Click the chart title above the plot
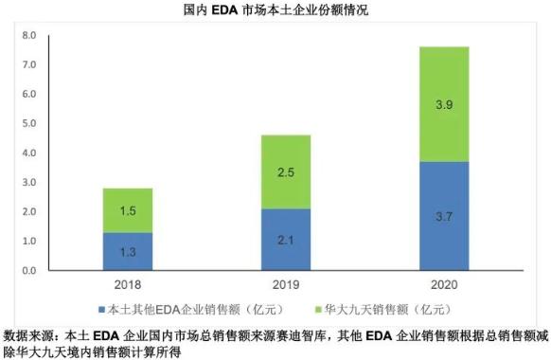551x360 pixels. point(275,9)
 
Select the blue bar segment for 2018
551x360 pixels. point(128,251)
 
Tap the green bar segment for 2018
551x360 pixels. point(128,210)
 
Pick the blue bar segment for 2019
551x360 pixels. point(286,240)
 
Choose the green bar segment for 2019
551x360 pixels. point(286,171)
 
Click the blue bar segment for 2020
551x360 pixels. point(444,216)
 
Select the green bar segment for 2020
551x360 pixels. point(444,104)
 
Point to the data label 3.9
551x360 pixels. point(444,104)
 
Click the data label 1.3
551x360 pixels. point(128,252)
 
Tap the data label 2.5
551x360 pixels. point(286,172)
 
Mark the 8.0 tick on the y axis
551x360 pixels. point(29,35)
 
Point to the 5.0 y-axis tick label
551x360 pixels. point(29,123)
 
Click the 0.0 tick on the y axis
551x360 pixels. point(29,270)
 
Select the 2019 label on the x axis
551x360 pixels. point(286,284)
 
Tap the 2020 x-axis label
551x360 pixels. point(444,284)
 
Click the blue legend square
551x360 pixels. point(102,310)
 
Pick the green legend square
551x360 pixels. point(318,310)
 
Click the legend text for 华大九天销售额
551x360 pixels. point(366,310)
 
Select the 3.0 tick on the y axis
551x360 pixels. point(29,182)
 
